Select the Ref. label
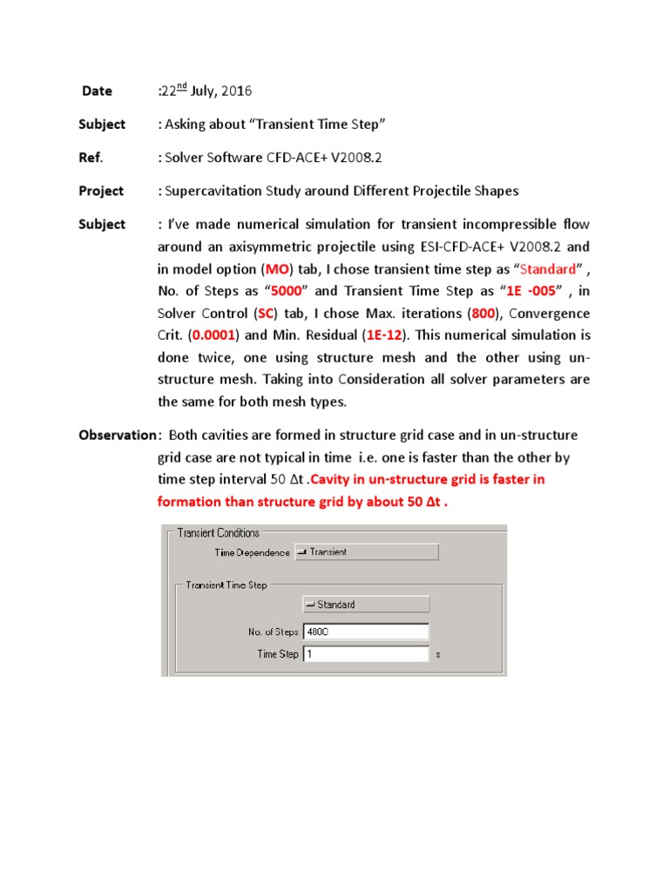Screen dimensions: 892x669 (91, 158)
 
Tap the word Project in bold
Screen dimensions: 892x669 (101, 191)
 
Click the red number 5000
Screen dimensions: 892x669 (291, 291)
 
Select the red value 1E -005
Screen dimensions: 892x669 (530, 291)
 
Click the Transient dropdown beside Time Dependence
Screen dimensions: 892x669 (366, 551)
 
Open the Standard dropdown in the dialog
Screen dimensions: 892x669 (365, 604)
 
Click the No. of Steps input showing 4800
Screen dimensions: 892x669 (365, 631)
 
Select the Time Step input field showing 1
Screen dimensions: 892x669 (365, 653)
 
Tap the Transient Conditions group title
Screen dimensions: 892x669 (218, 532)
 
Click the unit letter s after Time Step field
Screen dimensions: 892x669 (436, 654)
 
